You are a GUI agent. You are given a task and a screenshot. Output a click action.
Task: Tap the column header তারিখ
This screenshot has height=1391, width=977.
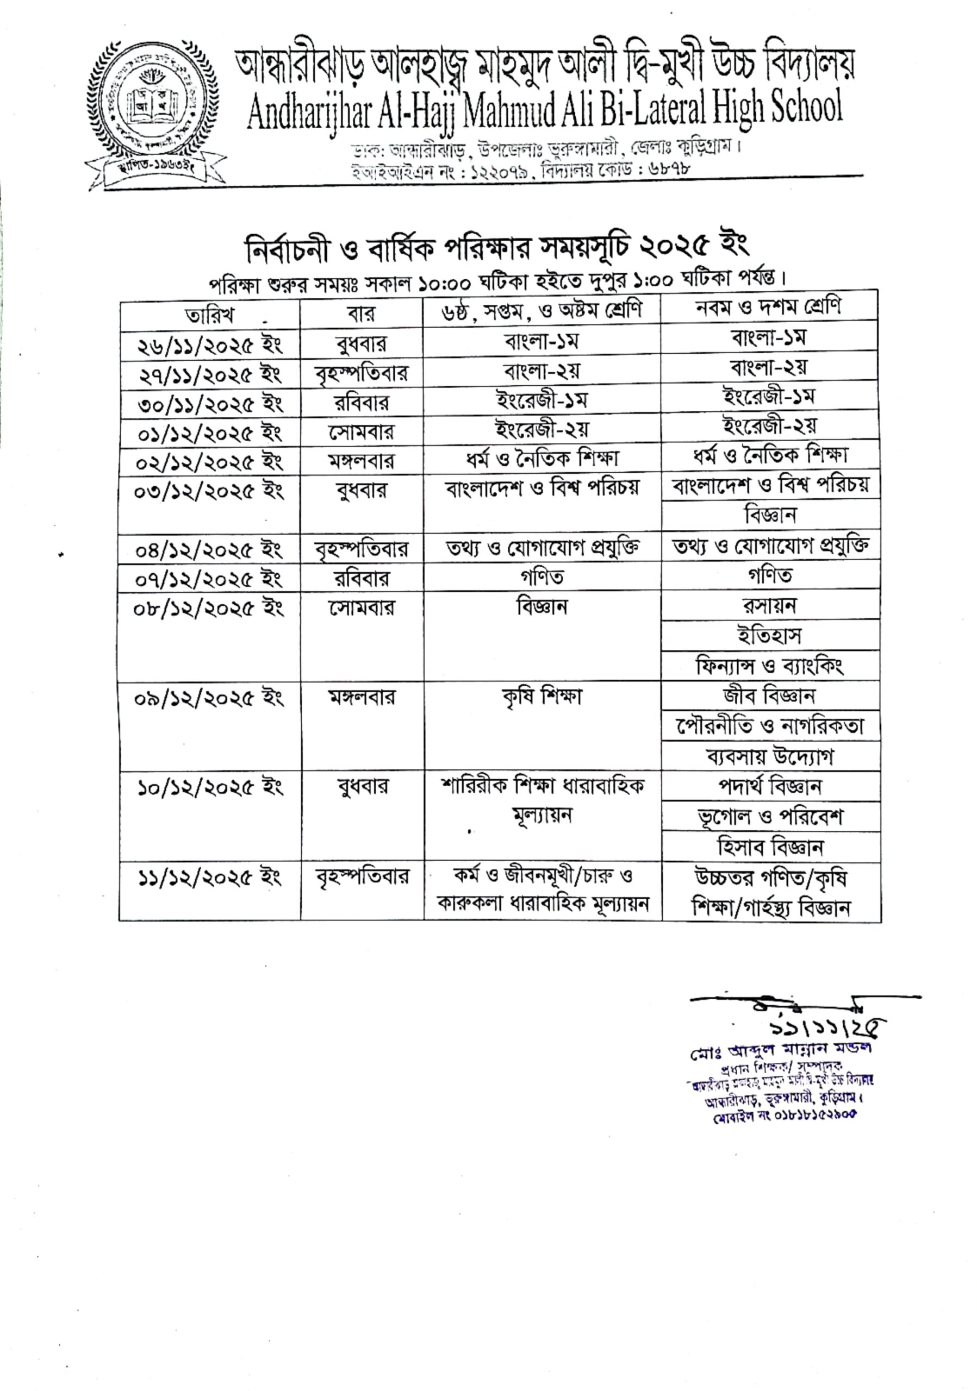(210, 315)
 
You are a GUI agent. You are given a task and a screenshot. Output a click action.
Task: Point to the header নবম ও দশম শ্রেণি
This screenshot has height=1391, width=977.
(769, 307)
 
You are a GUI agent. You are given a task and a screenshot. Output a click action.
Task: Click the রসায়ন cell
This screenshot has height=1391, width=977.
(770, 605)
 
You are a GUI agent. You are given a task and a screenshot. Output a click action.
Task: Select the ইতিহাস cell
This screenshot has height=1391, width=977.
(770, 636)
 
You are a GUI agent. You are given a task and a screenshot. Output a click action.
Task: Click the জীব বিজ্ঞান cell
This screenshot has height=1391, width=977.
(770, 696)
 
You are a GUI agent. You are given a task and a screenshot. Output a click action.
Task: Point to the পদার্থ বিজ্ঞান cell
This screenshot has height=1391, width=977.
(770, 786)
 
